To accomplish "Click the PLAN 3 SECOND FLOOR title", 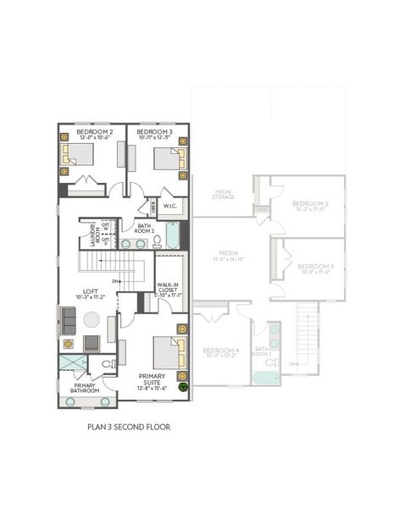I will point(129,428).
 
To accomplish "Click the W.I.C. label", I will point(169,206).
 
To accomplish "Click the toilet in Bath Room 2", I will point(156,242).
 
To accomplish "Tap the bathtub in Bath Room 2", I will point(174,236).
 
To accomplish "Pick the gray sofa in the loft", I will point(68,319).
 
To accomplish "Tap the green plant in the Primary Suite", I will point(181,386).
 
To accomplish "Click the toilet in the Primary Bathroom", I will point(107,366).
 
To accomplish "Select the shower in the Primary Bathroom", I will point(70,366).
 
